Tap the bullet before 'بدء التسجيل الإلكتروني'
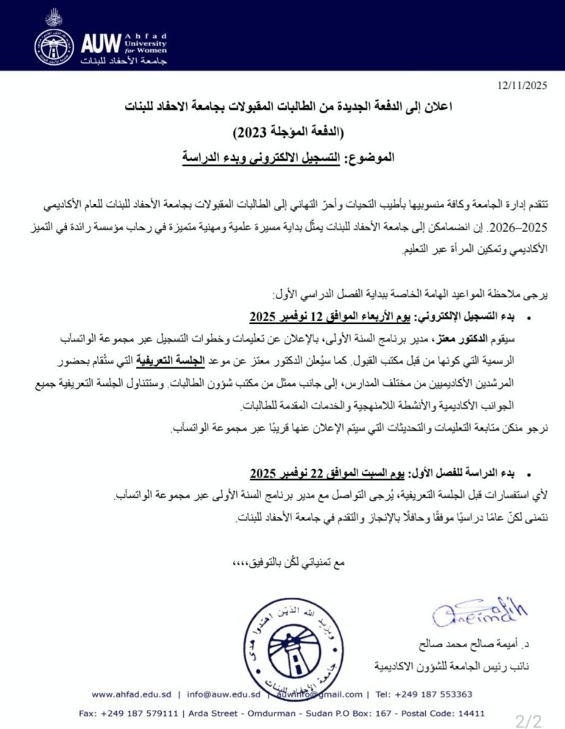528,318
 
